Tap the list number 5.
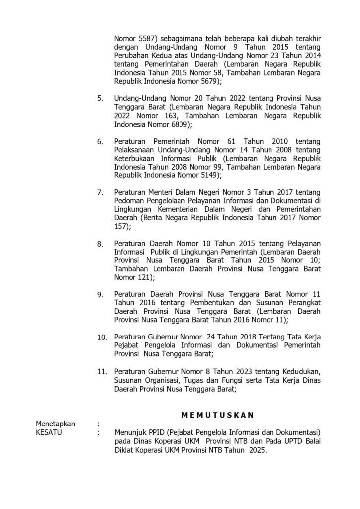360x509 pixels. tap(100, 99)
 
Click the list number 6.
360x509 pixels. tap(100, 142)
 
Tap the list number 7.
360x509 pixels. tap(100, 193)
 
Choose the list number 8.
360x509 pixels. tap(100, 244)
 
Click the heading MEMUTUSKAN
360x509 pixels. tap(217, 414)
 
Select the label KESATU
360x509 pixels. tap(51, 432)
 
